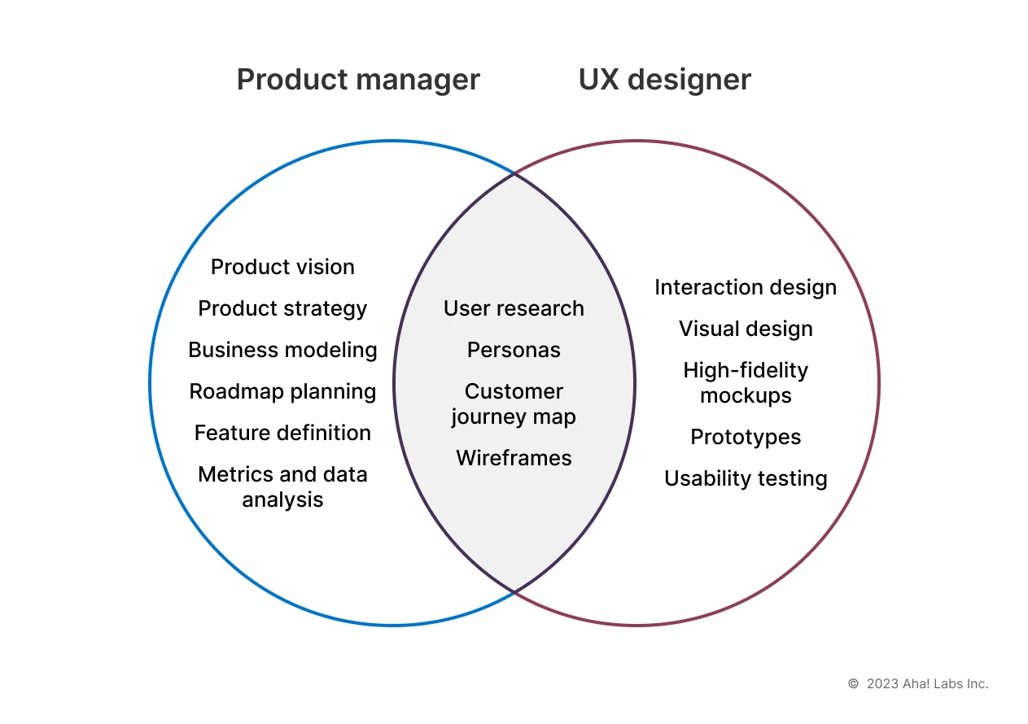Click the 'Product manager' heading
tap(358, 80)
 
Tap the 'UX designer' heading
tap(664, 80)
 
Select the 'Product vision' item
tap(282, 267)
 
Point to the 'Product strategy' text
tap(282, 308)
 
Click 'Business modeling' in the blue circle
tap(282, 350)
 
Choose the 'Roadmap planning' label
tap(282, 391)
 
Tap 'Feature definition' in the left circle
tap(282, 433)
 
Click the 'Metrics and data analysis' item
tap(282, 486)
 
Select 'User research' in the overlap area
tap(514, 308)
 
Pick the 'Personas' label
tap(514, 350)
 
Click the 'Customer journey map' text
tap(514, 403)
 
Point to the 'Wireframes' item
tap(514, 458)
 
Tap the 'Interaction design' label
tap(746, 287)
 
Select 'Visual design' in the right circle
tap(746, 329)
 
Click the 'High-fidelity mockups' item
tap(746, 382)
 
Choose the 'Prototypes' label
tap(746, 437)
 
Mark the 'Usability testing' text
tap(746, 478)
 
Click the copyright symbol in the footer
tap(853, 684)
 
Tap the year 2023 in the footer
tap(882, 684)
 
